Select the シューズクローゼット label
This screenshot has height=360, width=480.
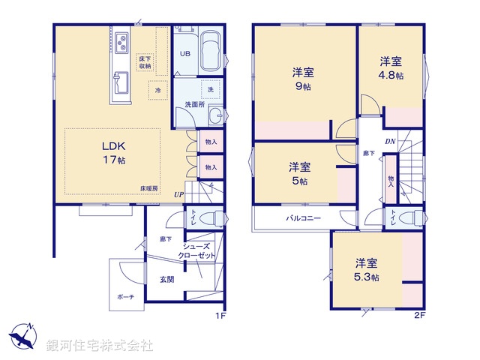196,251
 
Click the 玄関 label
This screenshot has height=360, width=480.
166,279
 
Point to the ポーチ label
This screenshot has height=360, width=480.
125,297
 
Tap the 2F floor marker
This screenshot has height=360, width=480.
419,316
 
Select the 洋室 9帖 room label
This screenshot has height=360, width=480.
302,79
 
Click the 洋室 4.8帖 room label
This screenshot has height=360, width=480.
390,67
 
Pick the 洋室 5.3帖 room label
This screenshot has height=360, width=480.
367,269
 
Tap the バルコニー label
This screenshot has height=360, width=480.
303,220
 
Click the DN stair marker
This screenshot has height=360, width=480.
390,141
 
